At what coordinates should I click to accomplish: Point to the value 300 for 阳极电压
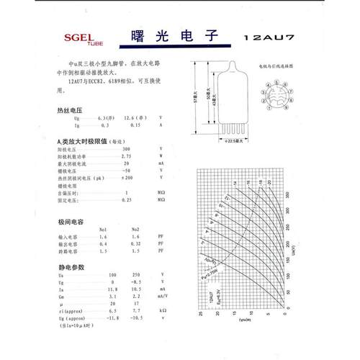pos(127,148)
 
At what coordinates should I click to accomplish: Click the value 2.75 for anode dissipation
pos(127,156)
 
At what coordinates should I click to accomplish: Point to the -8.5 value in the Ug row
pos(135,282)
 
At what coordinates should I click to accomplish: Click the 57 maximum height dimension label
pos(196,102)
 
